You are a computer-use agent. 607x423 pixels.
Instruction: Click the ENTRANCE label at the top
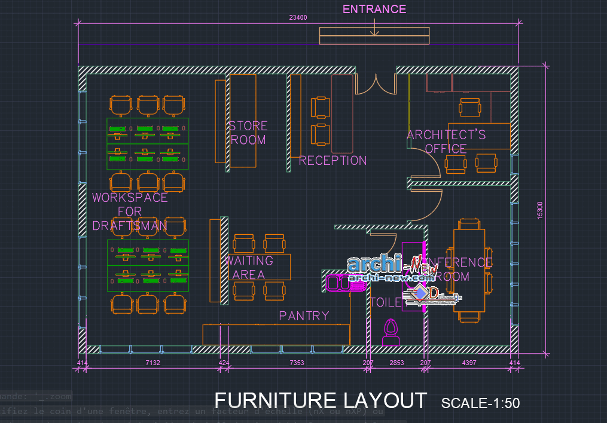[374, 9]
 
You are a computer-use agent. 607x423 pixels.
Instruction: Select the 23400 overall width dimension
[298, 17]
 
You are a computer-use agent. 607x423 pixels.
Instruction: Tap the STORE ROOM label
[248, 133]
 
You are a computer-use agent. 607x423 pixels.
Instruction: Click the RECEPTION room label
[333, 160]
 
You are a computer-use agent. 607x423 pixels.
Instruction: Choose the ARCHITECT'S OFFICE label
[446, 142]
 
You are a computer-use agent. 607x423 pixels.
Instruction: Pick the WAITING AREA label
[249, 268]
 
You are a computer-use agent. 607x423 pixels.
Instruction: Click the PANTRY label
[304, 315]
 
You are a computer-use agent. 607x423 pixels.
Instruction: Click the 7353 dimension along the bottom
[297, 363]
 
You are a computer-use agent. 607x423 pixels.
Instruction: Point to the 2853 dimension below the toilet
[396, 363]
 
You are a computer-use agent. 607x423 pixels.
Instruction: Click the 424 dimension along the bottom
[224, 363]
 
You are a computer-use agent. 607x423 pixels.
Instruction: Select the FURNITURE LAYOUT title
[321, 400]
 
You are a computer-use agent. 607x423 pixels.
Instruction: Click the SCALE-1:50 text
[480, 403]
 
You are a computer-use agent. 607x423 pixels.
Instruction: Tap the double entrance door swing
[376, 85]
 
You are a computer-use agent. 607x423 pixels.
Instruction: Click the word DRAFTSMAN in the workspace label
[129, 226]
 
